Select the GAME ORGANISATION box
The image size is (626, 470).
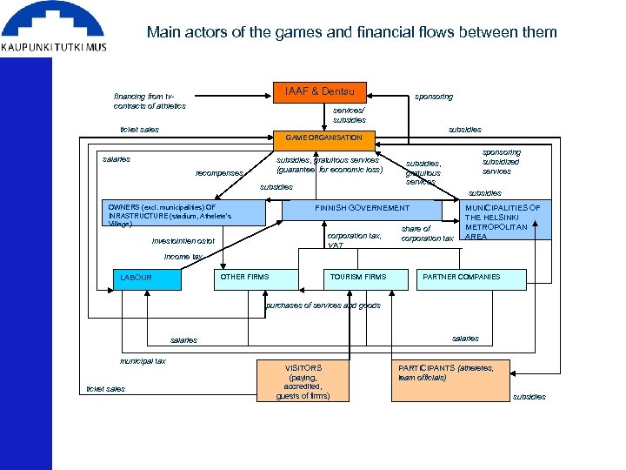point(323,138)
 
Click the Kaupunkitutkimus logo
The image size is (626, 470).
point(54,30)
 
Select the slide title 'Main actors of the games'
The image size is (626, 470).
point(351,32)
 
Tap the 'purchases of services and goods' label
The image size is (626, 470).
point(323,305)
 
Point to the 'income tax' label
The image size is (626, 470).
point(183,257)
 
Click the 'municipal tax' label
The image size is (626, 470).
point(143,360)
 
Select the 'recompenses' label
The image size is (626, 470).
point(219,173)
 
